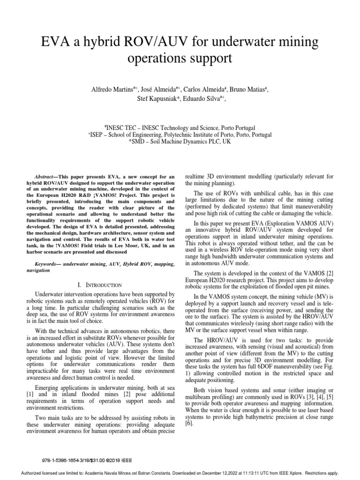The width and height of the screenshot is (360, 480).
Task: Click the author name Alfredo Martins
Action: (x=112, y=89)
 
